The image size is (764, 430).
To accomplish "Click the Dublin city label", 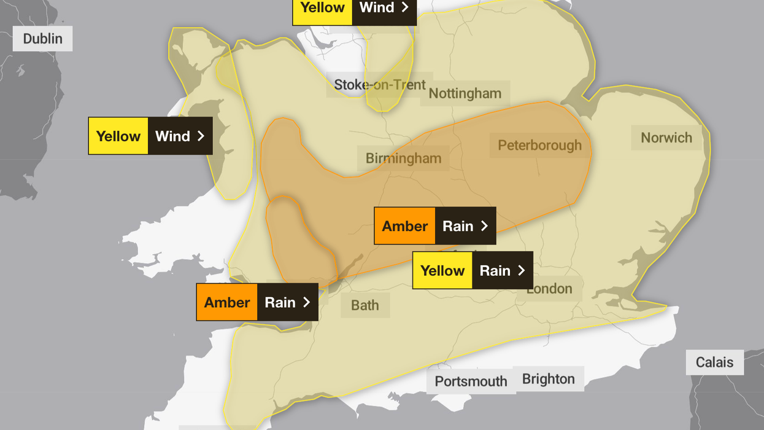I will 42,39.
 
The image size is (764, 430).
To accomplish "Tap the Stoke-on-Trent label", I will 379,85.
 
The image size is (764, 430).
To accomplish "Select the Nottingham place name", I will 465,93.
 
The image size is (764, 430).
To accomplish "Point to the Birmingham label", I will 403,158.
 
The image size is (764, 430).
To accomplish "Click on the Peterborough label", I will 539,146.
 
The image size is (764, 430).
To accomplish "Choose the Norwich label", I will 666,138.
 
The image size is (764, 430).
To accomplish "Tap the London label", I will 549,288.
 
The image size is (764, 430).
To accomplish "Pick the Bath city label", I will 365,305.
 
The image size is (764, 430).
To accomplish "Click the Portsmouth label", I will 471,381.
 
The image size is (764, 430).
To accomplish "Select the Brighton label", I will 548,379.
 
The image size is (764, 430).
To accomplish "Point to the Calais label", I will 714,362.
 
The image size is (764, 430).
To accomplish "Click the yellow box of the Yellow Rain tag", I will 442,270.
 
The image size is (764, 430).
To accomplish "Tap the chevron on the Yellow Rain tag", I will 522,270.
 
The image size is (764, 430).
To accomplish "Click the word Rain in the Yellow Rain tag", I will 495,270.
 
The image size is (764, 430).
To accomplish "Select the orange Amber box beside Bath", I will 227,302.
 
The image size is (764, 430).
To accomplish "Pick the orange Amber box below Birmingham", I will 405,226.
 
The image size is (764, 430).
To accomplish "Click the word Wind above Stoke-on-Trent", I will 376,8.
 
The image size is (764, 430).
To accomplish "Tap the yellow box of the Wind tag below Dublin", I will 118,136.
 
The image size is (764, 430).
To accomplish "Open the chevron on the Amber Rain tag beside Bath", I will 306,302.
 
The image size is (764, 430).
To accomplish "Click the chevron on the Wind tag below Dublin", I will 201,136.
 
